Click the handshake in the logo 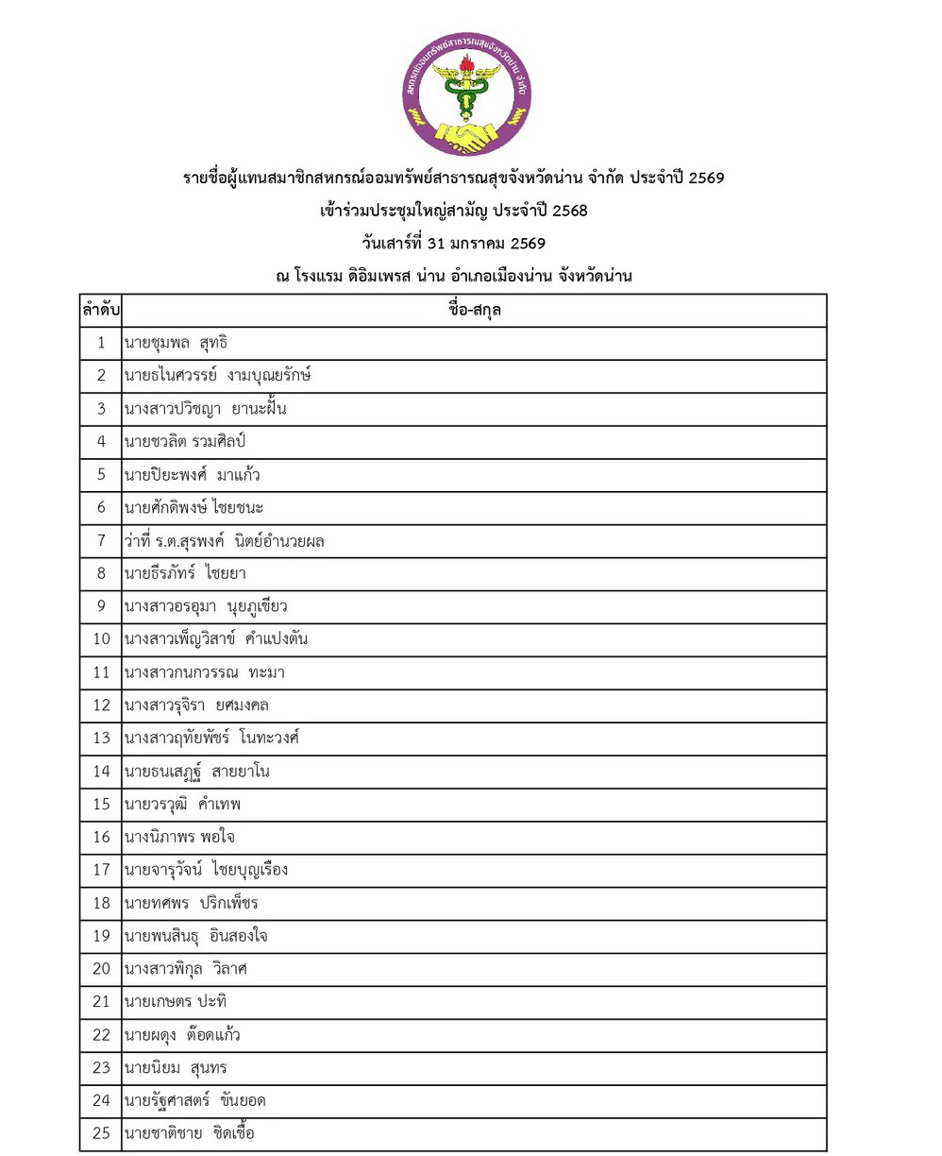click(x=466, y=137)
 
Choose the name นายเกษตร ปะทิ click(x=175, y=1000)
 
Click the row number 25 click(x=99, y=1133)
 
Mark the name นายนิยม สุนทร click(x=175, y=1067)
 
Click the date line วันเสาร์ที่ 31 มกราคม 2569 click(x=454, y=243)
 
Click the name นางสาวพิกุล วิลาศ click(x=184, y=967)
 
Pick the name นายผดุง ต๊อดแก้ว click(x=181, y=1033)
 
